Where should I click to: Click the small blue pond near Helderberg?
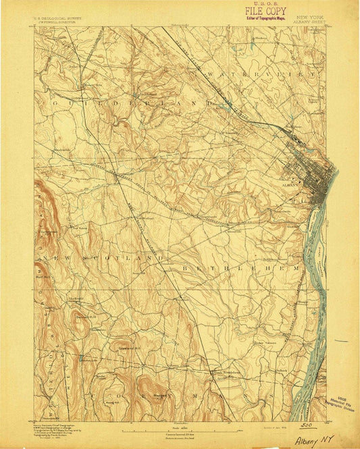(x=80, y=357)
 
